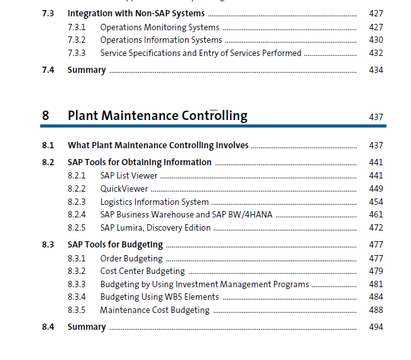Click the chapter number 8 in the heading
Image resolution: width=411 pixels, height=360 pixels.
(45, 115)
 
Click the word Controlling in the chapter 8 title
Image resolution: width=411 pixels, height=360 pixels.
(214, 116)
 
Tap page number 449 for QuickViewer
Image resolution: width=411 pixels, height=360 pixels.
(376, 188)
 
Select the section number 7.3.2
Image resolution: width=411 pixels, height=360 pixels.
(77, 40)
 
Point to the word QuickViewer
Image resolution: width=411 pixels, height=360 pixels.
(124, 188)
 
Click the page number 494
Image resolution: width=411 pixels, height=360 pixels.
(376, 327)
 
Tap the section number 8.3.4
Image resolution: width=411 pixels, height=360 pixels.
(77, 297)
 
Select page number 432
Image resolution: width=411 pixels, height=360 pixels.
(376, 53)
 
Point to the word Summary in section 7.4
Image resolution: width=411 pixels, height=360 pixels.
(87, 70)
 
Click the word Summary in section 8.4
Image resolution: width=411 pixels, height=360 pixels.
(87, 327)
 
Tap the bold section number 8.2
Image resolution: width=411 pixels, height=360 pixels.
(48, 162)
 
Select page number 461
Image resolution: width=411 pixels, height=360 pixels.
(376, 215)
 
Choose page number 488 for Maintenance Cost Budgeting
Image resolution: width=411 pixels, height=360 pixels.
(376, 310)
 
